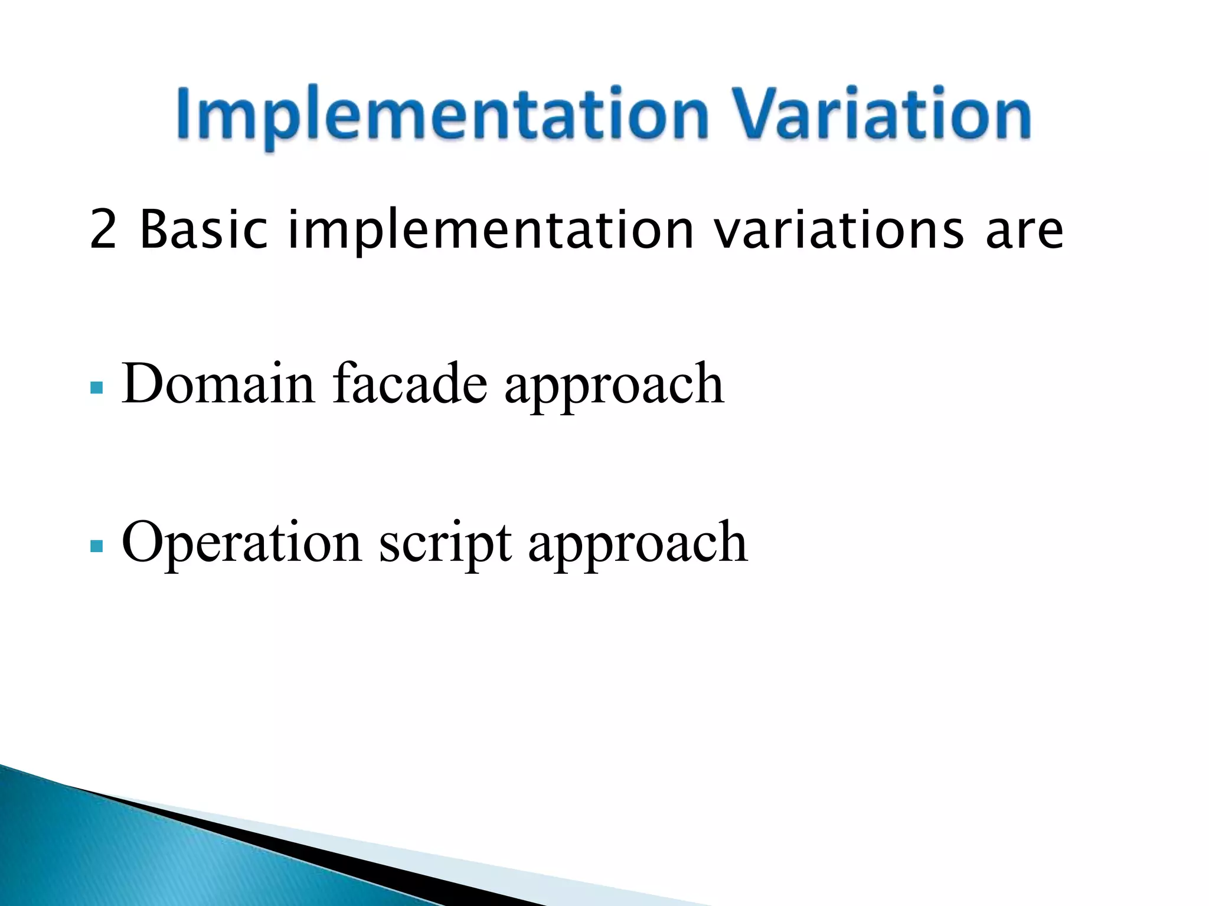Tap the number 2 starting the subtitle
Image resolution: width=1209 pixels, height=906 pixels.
pyautogui.click(x=103, y=229)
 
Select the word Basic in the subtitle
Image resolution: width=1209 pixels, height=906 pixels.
pyautogui.click(x=204, y=229)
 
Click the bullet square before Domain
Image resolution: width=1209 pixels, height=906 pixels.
pyautogui.click(x=97, y=388)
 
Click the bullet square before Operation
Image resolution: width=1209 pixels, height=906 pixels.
pyautogui.click(x=97, y=546)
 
